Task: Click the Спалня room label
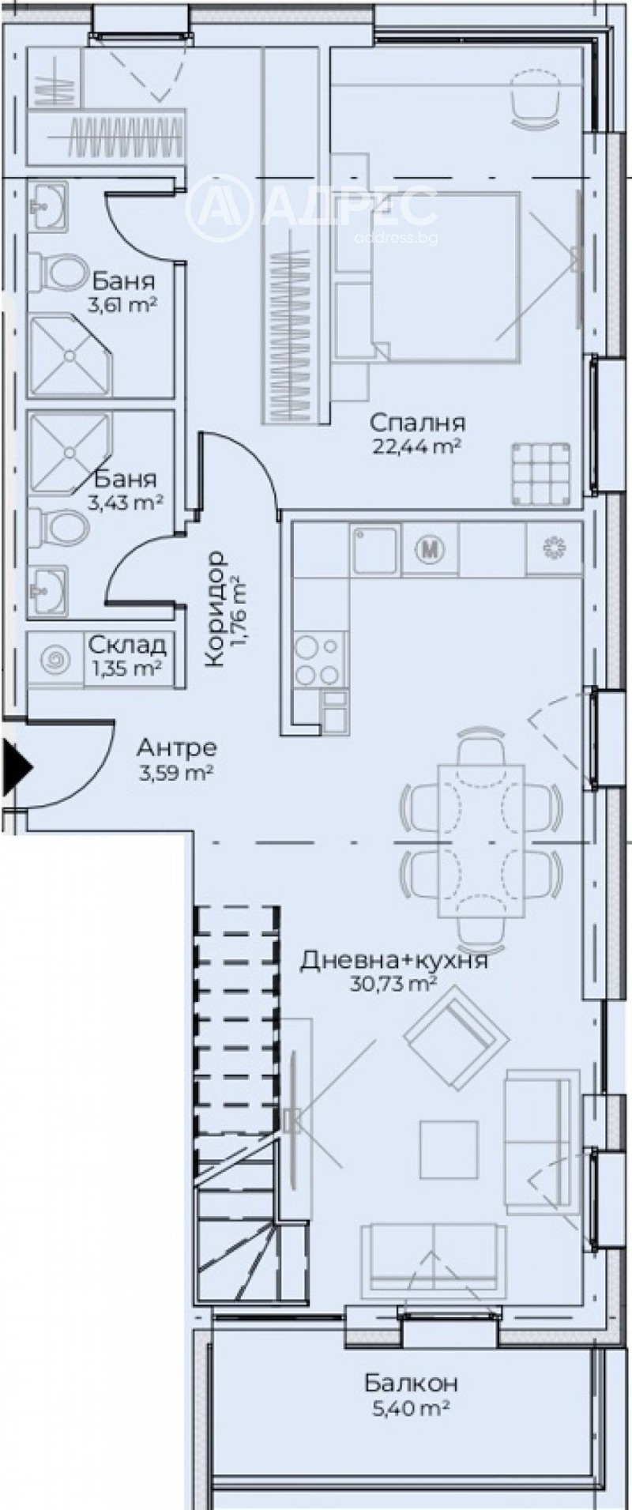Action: click(x=416, y=422)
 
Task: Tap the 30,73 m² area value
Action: click(x=393, y=984)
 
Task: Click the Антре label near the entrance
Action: click(x=176, y=747)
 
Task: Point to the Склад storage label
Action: click(x=126, y=646)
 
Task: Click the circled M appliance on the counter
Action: click(x=431, y=548)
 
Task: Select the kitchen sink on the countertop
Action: click(x=374, y=550)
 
